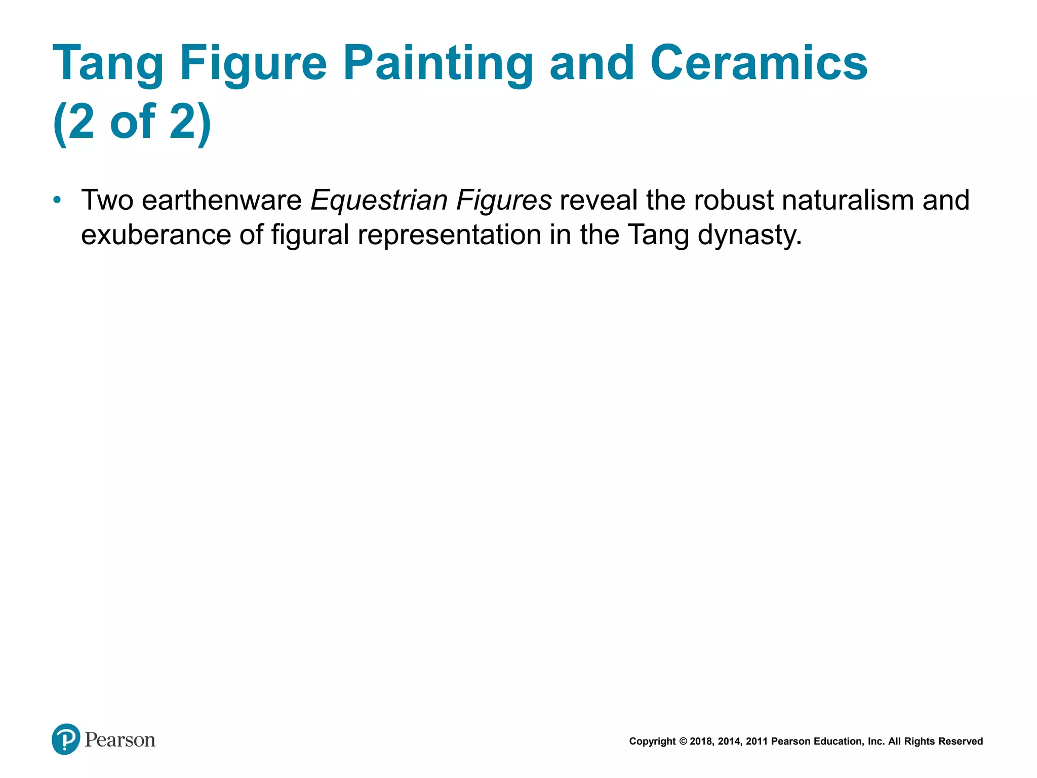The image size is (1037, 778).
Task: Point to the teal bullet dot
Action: pyautogui.click(x=57, y=200)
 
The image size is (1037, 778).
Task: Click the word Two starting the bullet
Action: pyautogui.click(x=107, y=200)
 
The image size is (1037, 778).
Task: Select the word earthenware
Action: pyautogui.click(x=222, y=200)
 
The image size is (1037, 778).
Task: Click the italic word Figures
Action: pyautogui.click(x=504, y=200)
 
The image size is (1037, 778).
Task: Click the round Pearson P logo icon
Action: pyautogui.click(x=66, y=739)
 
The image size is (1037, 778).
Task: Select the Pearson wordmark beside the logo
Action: pyautogui.click(x=120, y=740)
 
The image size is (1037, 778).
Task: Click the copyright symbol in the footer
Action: pyautogui.click(x=683, y=742)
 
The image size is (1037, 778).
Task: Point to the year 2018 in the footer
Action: pyautogui.click(x=701, y=742)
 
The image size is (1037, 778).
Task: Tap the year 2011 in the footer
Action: pyautogui.click(x=756, y=742)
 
